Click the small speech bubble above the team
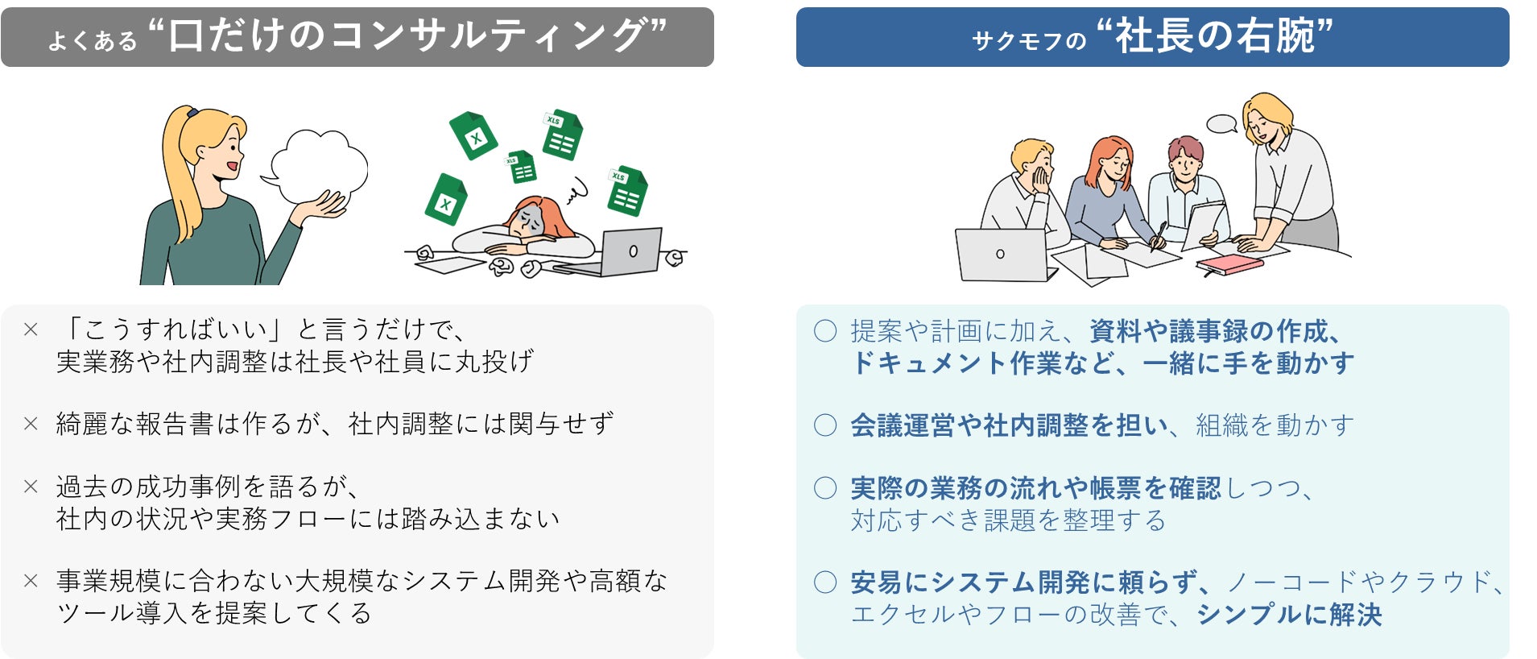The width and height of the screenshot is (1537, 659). click(x=1221, y=123)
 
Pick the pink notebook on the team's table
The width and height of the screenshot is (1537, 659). click(x=1229, y=264)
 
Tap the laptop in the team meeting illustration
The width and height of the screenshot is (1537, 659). click(x=1002, y=255)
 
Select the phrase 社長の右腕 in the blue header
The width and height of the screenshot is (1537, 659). click(x=1213, y=36)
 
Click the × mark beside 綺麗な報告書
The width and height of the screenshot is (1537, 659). click(x=31, y=424)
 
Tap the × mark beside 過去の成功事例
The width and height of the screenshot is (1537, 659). click(x=31, y=487)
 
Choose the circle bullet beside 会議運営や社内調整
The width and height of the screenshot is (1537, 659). click(x=825, y=425)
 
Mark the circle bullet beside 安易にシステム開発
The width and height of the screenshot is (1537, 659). click(x=825, y=582)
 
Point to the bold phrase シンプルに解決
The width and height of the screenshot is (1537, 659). click(x=1289, y=615)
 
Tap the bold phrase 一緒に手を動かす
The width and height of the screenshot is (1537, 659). click(x=1248, y=363)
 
